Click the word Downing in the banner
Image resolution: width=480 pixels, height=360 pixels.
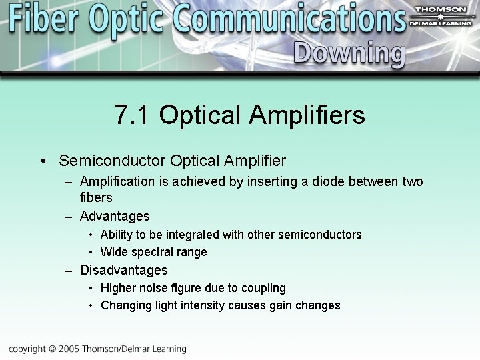click(x=349, y=53)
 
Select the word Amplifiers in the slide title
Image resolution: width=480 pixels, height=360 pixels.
click(x=307, y=115)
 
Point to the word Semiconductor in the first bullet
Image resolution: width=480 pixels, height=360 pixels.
click(x=112, y=161)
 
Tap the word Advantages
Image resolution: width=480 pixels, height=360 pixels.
click(x=115, y=216)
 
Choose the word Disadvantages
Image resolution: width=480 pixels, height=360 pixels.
click(x=124, y=270)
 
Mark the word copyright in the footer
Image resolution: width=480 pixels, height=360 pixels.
click(x=26, y=349)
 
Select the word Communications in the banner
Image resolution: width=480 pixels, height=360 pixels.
click(x=290, y=19)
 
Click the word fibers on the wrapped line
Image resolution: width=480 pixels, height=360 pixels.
click(x=96, y=197)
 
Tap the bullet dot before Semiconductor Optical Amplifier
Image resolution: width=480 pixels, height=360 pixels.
click(x=43, y=161)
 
